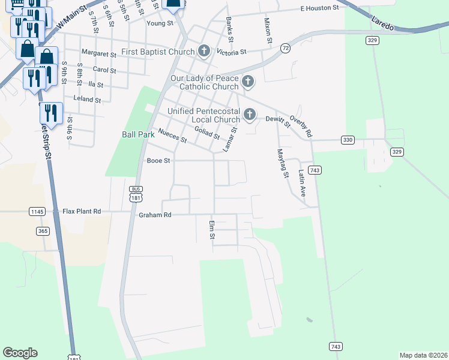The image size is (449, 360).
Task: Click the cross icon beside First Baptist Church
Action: [x=204, y=52]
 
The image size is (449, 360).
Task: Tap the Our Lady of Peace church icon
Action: [x=248, y=82]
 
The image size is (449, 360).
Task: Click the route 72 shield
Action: [x=285, y=47]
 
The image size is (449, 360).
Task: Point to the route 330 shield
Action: [x=348, y=140]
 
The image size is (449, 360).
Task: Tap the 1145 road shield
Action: [x=37, y=211]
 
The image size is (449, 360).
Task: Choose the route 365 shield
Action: [x=42, y=230]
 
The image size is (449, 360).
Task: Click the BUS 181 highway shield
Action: [x=135, y=193]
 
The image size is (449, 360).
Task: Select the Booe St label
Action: [x=158, y=161]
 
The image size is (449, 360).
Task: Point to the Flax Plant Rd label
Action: [x=82, y=211]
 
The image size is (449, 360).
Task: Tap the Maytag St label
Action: [x=281, y=163]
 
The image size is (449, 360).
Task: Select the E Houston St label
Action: [x=322, y=10]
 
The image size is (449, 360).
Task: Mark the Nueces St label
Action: [x=172, y=136]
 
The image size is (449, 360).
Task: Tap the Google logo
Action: [x=20, y=353]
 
